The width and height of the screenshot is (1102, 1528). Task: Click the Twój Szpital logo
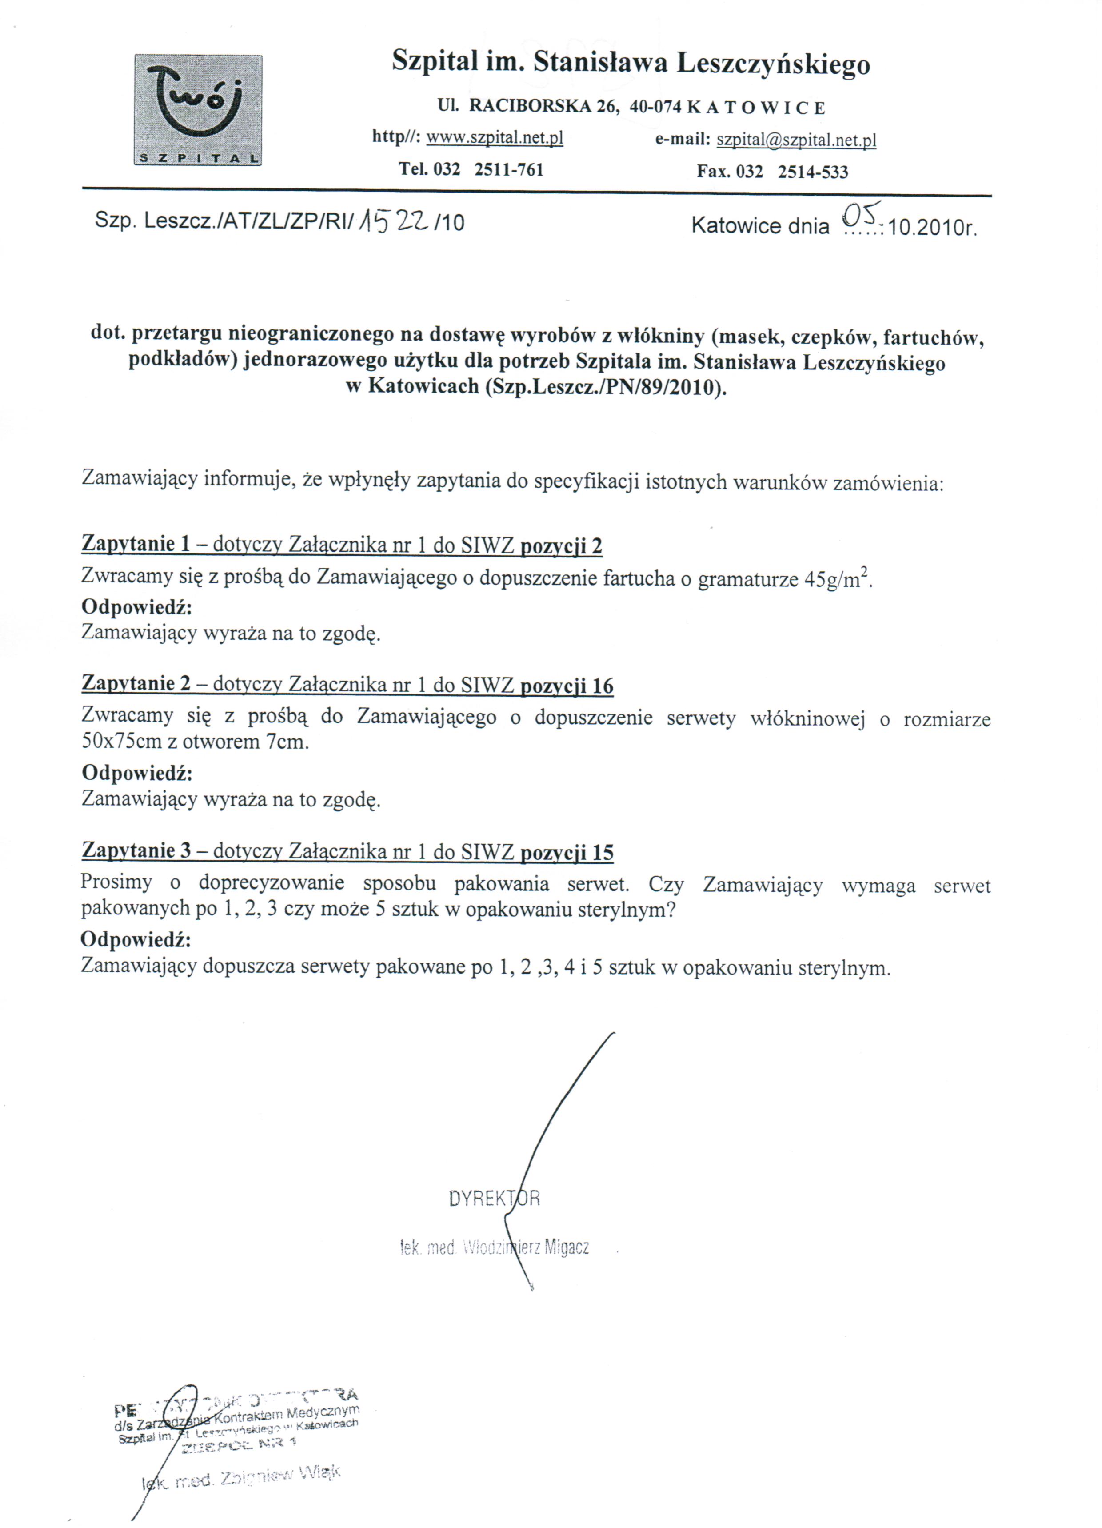click(198, 110)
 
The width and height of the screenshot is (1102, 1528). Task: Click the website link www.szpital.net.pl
click(495, 138)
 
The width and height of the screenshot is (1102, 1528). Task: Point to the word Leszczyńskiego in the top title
click(773, 64)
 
